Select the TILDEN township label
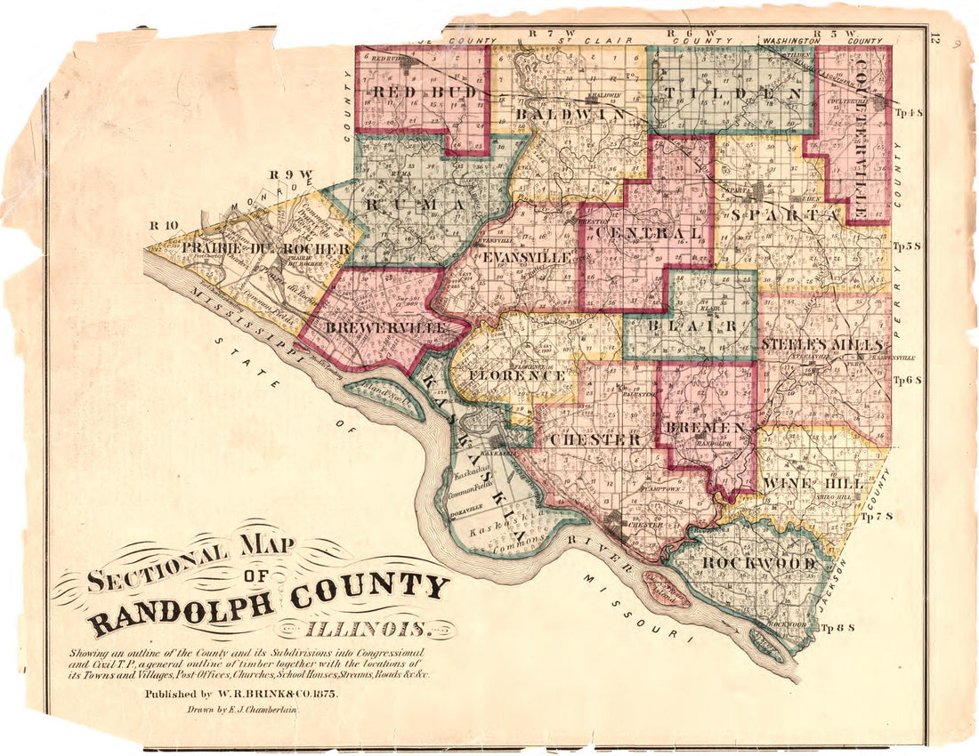point(729,93)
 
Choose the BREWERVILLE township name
point(385,328)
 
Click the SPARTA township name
point(784,214)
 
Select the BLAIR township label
point(691,326)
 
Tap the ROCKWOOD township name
point(759,563)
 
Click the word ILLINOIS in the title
point(368,631)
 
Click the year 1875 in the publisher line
point(320,693)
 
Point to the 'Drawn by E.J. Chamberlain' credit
point(242,711)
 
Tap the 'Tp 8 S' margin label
point(838,629)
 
